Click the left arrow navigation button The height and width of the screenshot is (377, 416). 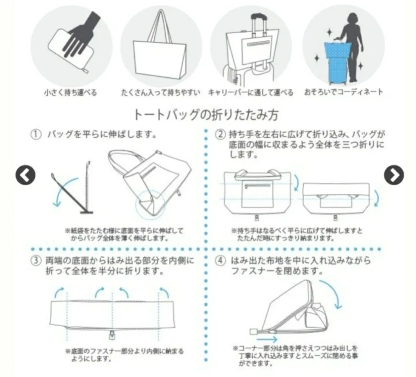(25, 175)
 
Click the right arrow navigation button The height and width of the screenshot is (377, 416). (394, 175)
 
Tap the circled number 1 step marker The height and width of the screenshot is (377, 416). (36, 134)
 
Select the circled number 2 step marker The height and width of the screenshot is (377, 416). (220, 134)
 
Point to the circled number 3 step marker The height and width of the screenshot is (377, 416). (36, 261)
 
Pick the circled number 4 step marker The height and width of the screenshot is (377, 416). (220, 261)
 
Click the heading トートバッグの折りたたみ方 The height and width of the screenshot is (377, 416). (206, 115)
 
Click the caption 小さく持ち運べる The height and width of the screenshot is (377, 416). (70, 92)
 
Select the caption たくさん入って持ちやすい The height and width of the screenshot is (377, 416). (161, 92)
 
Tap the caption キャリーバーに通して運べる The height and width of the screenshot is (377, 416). (251, 92)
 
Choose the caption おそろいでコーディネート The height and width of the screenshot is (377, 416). (344, 92)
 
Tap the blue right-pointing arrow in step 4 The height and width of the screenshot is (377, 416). (267, 339)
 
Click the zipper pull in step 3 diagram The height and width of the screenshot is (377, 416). (112, 335)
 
